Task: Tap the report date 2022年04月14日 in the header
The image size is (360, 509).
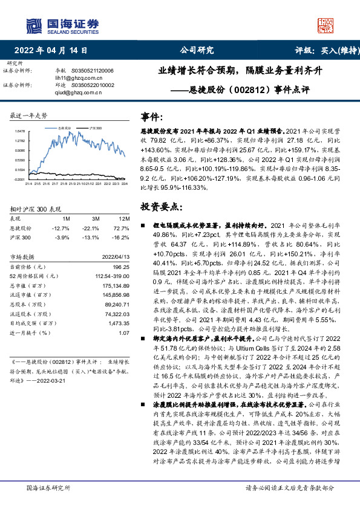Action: tap(54, 51)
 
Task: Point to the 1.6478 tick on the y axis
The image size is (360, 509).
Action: tap(19, 131)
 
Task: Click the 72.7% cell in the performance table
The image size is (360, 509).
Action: tap(123, 228)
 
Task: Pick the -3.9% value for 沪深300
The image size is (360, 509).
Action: tap(62, 237)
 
